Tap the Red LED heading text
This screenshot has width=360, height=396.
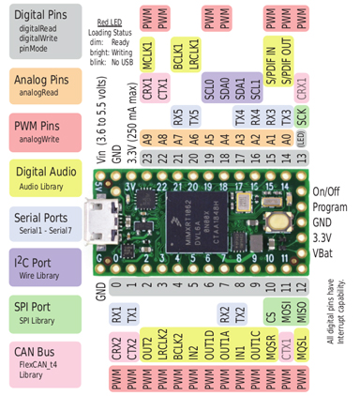[x=111, y=21]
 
